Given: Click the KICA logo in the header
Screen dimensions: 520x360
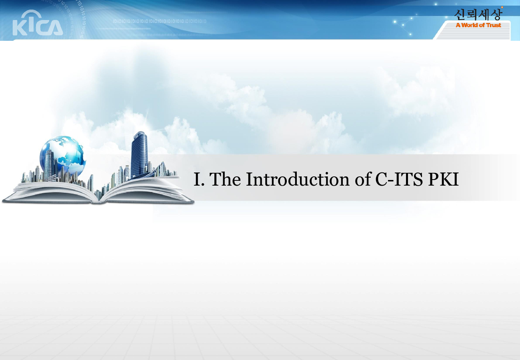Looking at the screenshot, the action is pyautogui.click(x=38, y=23).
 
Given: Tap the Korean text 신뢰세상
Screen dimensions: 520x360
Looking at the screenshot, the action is pyautogui.click(x=478, y=15).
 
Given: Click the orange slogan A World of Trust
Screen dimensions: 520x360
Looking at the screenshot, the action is pyautogui.click(x=478, y=25).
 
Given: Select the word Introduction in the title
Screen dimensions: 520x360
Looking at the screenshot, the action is pyautogui.click(x=298, y=179).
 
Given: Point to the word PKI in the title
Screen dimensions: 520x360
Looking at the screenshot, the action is pyautogui.click(x=443, y=179).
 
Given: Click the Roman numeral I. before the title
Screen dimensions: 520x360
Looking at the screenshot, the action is pyautogui.click(x=199, y=179).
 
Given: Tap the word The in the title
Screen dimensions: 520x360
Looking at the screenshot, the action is pyautogui.click(x=225, y=179).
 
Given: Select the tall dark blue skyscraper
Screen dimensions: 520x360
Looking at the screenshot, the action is pyautogui.click(x=139, y=155).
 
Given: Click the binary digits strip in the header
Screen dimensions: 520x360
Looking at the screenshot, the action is pyautogui.click(x=160, y=21).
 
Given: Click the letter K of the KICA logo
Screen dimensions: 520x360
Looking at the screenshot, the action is pyautogui.click(x=20, y=28).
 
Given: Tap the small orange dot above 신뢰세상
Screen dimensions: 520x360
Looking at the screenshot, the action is pyautogui.click(x=502, y=8).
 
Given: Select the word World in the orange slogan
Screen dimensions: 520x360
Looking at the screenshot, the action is pyautogui.click(x=469, y=25).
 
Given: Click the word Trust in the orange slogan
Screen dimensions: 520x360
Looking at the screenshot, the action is pyautogui.click(x=494, y=25).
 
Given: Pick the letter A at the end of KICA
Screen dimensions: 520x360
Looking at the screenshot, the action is pyautogui.click(x=55, y=28).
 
